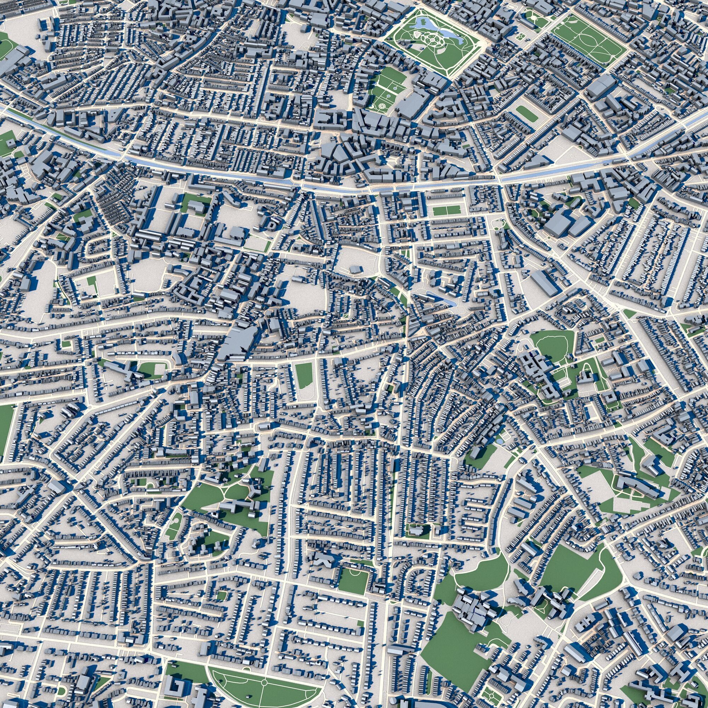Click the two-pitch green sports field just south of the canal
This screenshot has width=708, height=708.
[x=446, y=210]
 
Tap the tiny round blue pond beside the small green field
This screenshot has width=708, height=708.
[x=499, y=442]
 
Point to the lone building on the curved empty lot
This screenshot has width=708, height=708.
[x=355, y=269]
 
